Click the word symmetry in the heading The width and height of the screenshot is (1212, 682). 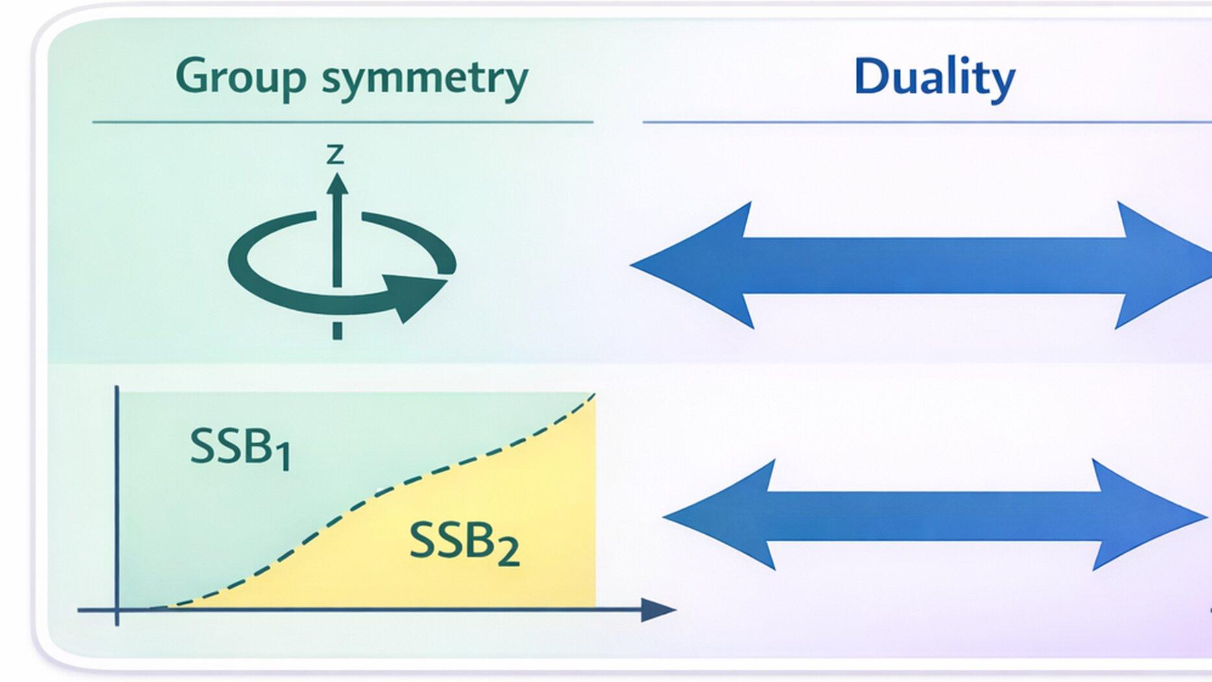coord(425,78)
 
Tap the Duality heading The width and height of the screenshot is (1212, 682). coord(934,77)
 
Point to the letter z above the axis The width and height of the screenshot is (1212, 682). coord(335,154)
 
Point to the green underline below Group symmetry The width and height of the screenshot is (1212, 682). coord(343,121)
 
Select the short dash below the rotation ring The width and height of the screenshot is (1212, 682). coord(337,330)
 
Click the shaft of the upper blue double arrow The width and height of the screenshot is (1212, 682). coord(934,265)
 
